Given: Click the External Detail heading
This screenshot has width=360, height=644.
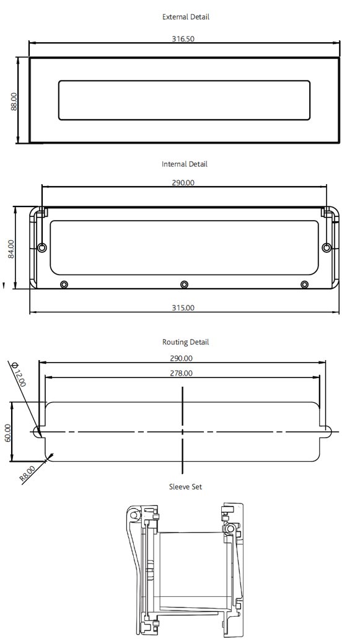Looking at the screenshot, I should tap(185, 17).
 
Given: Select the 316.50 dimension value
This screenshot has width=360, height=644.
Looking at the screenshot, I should tap(183, 38).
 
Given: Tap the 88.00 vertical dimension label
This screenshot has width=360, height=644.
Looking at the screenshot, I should tap(14, 101).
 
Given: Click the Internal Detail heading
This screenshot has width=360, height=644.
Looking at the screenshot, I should tap(185, 164).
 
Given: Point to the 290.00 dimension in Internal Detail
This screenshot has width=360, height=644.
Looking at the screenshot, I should tap(183, 182).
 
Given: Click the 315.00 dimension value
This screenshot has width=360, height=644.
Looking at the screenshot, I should tap(183, 307).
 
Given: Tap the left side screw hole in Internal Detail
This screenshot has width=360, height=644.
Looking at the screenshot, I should tap(42, 248).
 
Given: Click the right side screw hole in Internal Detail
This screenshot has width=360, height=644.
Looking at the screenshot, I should tap(327, 248).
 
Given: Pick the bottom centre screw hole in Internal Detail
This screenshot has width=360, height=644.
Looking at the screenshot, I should tap(184, 285).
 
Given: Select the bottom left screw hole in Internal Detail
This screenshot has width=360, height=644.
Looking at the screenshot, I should tap(64, 285).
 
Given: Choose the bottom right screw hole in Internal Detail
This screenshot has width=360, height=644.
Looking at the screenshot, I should tap(304, 285).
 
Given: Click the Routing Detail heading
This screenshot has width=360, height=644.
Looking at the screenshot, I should tap(185, 342).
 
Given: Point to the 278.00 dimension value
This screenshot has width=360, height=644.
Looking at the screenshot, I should tap(181, 373).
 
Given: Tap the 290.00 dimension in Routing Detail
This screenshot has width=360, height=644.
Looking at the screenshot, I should tap(181, 358).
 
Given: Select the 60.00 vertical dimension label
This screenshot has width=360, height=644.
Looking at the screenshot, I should tap(7, 432).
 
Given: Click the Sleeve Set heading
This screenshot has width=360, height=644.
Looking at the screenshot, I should tap(185, 487).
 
